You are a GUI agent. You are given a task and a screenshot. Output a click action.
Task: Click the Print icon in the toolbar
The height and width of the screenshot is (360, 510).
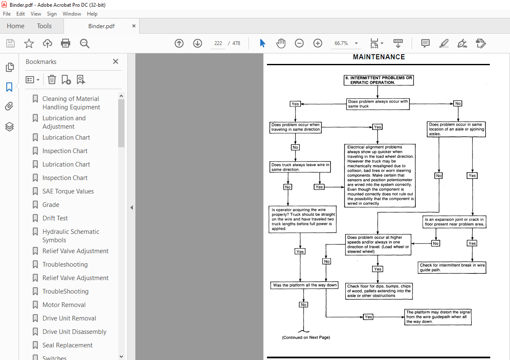click(65, 43)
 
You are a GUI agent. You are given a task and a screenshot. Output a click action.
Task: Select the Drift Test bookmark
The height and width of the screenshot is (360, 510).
click(55, 218)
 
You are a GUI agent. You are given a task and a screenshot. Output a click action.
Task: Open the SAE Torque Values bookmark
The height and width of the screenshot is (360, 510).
click(68, 191)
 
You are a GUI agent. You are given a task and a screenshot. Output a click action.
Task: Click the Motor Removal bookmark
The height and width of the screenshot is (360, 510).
click(64, 304)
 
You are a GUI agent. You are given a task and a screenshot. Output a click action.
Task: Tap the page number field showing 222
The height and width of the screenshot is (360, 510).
click(218, 43)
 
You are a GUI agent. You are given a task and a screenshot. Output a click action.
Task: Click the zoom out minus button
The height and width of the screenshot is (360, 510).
click(299, 43)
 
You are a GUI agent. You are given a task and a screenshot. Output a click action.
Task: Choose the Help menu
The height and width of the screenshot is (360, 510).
click(92, 13)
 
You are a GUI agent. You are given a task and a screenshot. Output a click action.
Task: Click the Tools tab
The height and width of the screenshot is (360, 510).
click(44, 26)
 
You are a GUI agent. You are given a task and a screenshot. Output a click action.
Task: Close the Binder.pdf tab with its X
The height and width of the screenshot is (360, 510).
click(134, 26)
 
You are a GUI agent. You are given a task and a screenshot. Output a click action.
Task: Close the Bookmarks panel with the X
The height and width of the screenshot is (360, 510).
click(116, 61)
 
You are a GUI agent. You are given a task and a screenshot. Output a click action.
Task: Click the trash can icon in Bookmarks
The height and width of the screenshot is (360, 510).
click(52, 80)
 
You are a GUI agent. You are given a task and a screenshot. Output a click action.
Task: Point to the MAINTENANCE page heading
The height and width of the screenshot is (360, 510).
click(379, 57)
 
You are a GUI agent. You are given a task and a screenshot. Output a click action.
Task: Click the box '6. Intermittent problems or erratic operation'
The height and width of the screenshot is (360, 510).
click(379, 80)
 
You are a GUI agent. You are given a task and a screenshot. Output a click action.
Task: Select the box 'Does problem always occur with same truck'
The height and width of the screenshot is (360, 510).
click(378, 104)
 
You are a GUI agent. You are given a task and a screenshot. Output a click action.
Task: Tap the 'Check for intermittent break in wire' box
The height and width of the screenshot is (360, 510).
click(452, 267)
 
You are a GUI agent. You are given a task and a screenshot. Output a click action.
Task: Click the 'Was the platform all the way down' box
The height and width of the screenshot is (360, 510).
click(304, 285)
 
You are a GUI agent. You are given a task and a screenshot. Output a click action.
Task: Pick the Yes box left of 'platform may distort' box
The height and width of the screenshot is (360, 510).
click(368, 317)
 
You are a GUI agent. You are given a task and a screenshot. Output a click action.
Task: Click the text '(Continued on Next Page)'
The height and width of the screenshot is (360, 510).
click(306, 337)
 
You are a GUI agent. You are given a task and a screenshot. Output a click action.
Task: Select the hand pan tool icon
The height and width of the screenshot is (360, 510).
click(281, 43)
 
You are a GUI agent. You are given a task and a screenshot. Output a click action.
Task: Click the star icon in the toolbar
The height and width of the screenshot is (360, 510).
click(29, 43)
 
